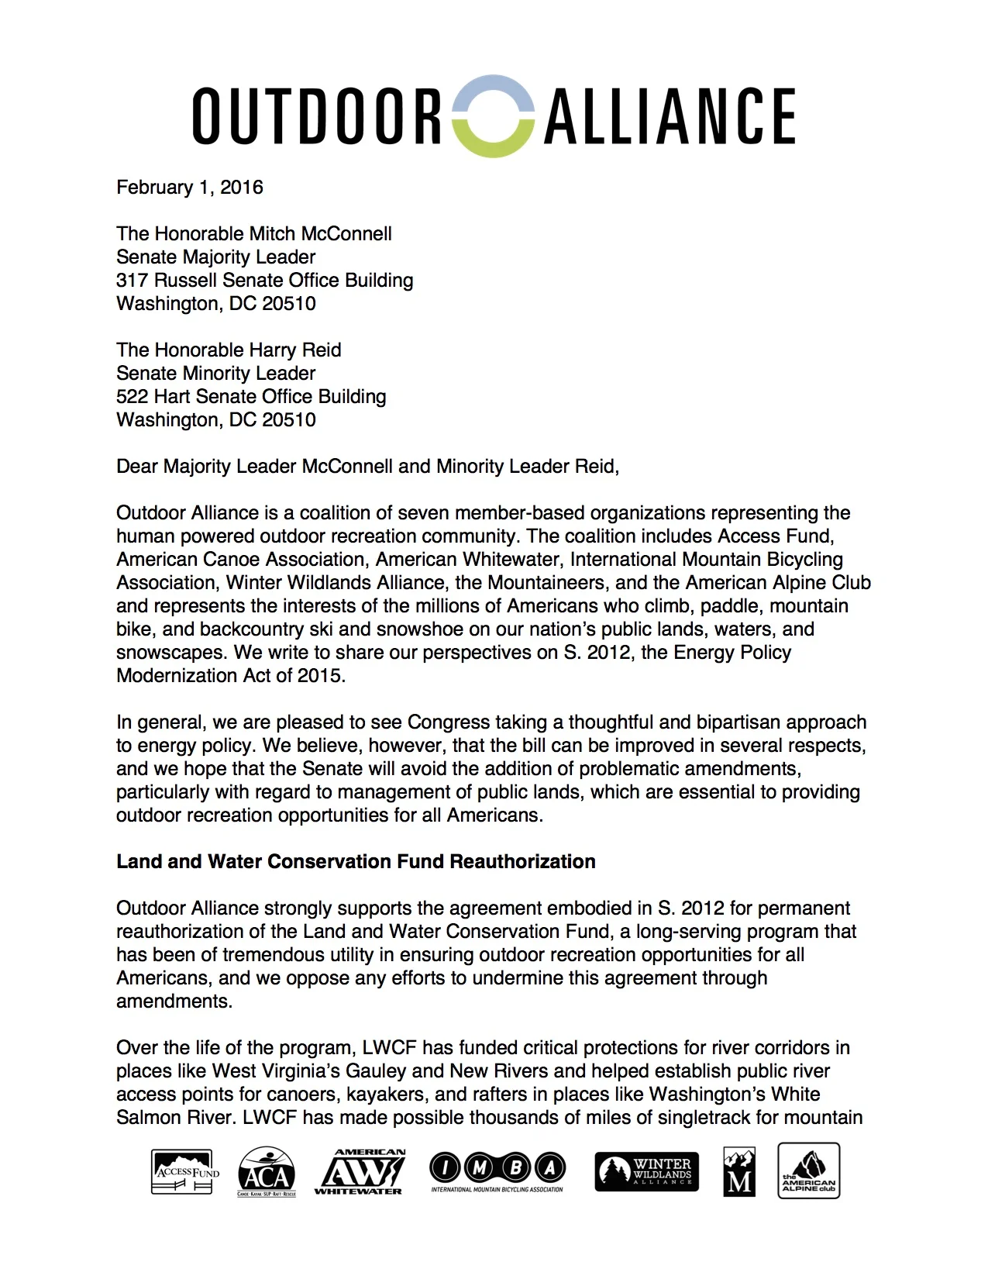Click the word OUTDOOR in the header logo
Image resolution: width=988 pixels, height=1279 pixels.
(316, 116)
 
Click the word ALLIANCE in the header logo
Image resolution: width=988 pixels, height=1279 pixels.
(670, 116)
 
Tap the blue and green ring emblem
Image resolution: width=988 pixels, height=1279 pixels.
(493, 116)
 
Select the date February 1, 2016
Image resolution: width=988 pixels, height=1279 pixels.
(190, 188)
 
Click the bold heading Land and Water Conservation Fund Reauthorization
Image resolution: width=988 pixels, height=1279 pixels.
(356, 862)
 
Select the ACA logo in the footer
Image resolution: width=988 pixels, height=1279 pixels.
(267, 1171)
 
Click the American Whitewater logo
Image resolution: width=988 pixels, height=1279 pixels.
(359, 1171)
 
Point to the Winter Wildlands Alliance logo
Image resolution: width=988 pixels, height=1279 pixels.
(647, 1171)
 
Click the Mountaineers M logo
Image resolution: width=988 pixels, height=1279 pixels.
(739, 1171)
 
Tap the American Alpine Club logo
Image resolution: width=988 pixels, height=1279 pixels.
(809, 1170)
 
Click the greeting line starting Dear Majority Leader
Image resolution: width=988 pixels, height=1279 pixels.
(367, 467)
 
